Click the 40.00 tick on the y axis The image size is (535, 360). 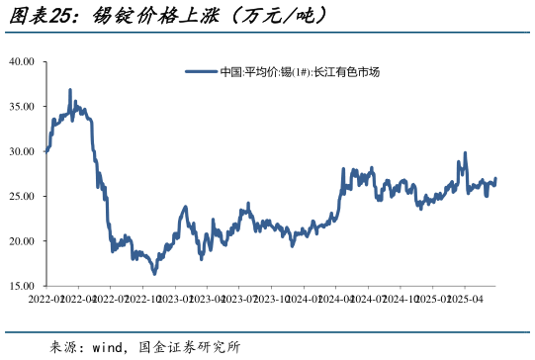click(x=23, y=61)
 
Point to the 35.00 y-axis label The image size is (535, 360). click(x=23, y=106)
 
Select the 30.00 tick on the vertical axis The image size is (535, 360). click(x=23, y=151)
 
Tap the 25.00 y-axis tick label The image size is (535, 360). click(x=23, y=196)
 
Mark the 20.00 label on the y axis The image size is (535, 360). click(x=23, y=241)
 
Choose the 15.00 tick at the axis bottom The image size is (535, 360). click(x=23, y=286)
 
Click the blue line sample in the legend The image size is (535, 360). click(x=201, y=72)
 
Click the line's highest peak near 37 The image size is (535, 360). click(x=70, y=90)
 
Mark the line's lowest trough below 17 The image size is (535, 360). click(x=154, y=273)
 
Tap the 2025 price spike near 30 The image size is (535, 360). click(x=465, y=153)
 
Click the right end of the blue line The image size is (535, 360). click(x=495, y=179)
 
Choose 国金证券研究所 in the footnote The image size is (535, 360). click(x=193, y=347)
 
